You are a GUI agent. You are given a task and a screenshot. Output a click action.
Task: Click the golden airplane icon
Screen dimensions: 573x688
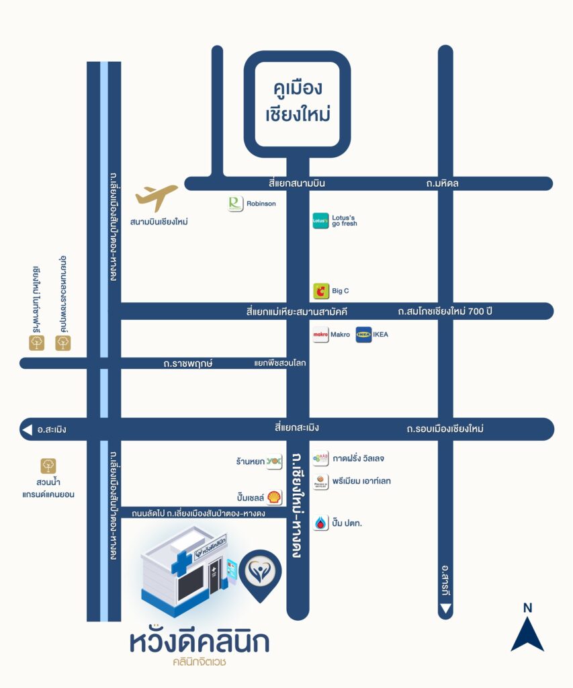[156, 198]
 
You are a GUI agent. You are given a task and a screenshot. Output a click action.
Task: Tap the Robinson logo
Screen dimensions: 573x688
[236, 204]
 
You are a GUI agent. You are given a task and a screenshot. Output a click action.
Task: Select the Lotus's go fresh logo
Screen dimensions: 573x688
[320, 220]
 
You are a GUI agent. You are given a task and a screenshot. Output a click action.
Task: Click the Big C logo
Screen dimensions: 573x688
[321, 291]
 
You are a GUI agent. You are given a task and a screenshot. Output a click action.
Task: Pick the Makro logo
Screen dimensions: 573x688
[320, 335]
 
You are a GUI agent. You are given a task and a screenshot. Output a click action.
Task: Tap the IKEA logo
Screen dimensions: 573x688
[363, 335]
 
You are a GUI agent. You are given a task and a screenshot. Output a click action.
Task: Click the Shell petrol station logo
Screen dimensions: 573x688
[274, 497]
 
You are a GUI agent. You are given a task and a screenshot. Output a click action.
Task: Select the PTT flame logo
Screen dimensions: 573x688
[321, 523]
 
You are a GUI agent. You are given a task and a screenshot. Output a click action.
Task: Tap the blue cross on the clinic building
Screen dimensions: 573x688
[181, 563]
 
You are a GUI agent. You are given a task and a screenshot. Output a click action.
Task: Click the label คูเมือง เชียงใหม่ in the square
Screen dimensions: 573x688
[298, 101]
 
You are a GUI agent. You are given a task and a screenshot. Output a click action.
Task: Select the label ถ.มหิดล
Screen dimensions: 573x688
[442, 183]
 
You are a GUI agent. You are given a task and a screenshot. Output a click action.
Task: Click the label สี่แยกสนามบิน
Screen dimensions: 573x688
[297, 183]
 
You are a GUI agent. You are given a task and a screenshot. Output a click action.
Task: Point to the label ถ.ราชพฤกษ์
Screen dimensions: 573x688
[188, 363]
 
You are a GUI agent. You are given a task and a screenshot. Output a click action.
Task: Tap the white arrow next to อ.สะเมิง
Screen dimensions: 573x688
[27, 429]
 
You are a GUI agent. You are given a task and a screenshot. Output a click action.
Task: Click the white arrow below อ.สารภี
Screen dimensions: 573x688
[445, 609]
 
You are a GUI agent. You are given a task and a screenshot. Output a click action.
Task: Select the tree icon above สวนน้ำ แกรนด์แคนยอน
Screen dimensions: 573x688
[48, 466]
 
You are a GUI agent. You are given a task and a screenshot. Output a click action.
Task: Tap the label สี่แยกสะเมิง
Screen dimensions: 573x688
[297, 428]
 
